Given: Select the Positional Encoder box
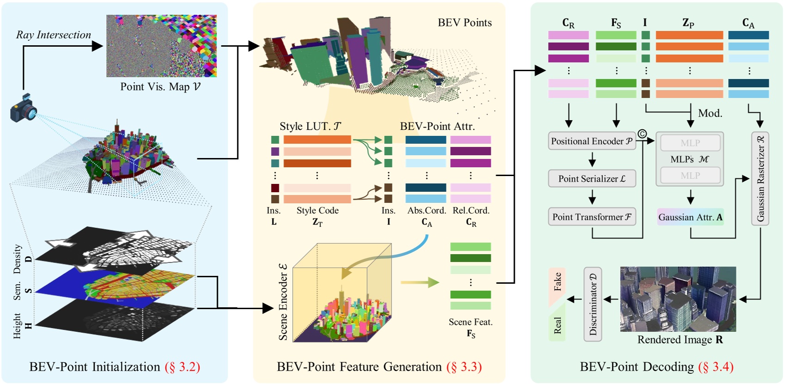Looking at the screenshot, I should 592,141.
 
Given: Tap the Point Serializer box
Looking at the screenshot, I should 592,178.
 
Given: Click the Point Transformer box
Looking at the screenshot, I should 592,217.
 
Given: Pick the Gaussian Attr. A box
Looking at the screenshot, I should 690,217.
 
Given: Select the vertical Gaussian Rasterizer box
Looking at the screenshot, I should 760,178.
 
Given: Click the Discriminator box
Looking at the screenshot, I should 592,304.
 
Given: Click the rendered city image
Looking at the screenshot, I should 677,299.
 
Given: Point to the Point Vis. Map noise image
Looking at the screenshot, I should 161,46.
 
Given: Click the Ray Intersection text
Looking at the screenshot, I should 54,35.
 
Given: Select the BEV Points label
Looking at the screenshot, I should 465,23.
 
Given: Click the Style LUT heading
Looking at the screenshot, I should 310,126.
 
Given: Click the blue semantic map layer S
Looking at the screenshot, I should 115,285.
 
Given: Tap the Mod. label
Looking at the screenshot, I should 710,113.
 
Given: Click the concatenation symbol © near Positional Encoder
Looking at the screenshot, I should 642,134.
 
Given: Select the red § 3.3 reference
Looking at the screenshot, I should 464,366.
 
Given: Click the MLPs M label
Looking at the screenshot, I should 689,159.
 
